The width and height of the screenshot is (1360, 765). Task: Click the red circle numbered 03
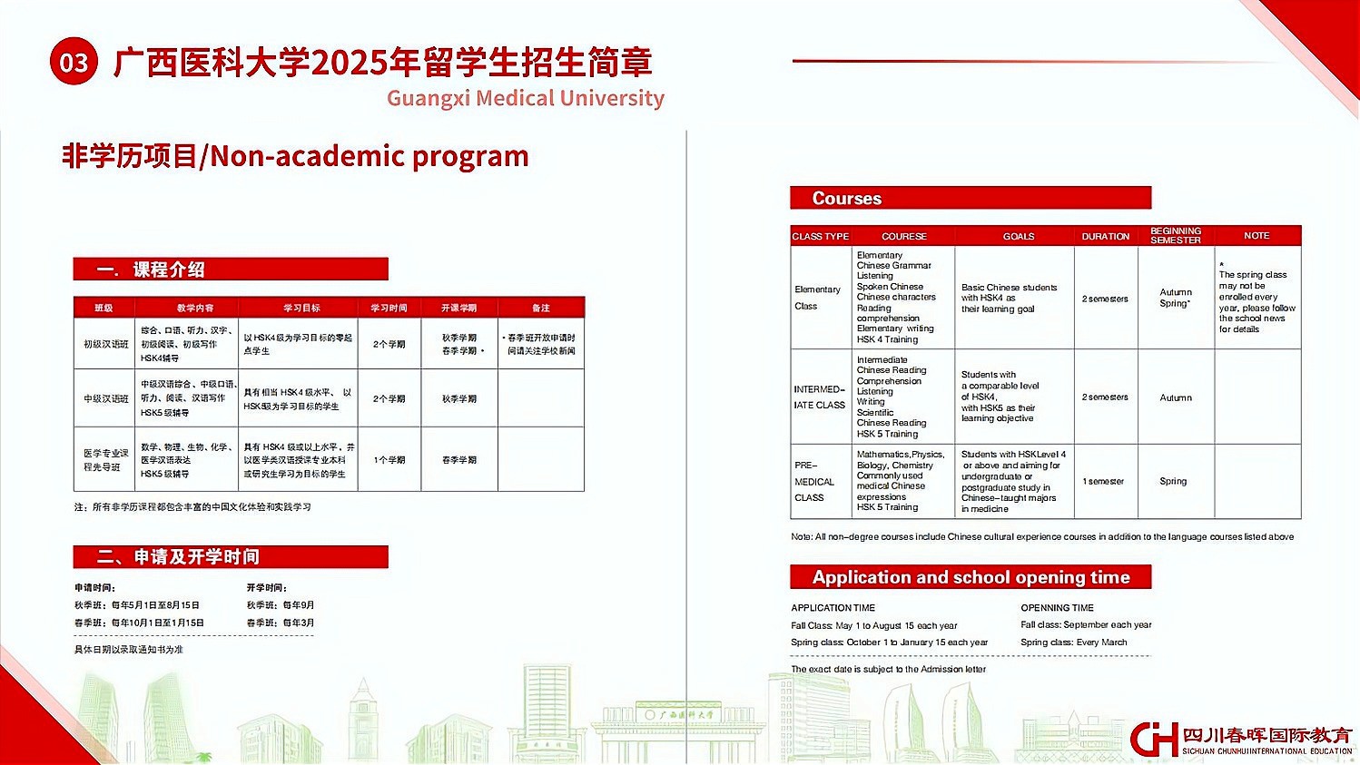pos(74,62)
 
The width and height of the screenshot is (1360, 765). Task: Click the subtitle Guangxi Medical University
pos(525,98)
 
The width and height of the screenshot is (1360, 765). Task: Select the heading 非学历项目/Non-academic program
pos(295,156)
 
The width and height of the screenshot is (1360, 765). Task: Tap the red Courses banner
pos(970,198)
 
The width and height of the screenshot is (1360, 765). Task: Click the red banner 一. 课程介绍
pos(230,270)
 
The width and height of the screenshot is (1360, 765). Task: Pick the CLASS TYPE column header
pos(820,236)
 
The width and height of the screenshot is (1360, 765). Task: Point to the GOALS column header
pos(1018,236)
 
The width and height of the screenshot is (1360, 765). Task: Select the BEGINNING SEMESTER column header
pos(1175,235)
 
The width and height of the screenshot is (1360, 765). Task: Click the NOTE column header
pos(1257,235)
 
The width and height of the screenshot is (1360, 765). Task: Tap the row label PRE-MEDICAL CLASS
pos(813,481)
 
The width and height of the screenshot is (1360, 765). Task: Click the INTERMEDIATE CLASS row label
pos(819,397)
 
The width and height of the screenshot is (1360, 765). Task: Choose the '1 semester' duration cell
pos(1103,481)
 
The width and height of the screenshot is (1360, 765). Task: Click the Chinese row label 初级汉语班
pos(105,345)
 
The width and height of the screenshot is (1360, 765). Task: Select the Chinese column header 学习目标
pos(301,308)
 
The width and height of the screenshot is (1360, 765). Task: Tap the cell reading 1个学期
pos(389,460)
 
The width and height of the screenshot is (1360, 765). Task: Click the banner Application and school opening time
pos(970,577)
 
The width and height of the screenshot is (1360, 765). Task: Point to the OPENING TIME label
pos(1057,607)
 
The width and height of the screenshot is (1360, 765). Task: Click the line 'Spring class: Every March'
pos(1073,642)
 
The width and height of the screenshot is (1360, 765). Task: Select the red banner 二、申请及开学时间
pos(230,556)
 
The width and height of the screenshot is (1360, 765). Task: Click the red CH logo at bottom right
pos(1154,738)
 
